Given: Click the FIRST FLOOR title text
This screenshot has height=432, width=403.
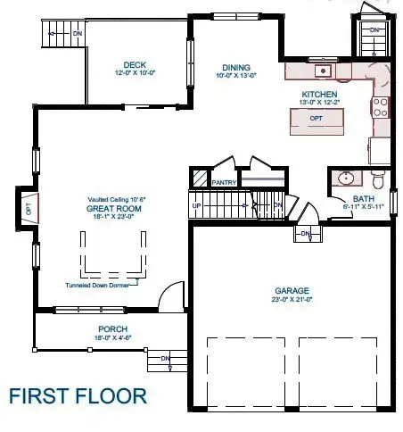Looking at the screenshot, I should point(78,395).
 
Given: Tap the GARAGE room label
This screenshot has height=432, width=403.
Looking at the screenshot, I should point(292,291).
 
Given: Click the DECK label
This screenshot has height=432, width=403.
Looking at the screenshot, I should point(136,64).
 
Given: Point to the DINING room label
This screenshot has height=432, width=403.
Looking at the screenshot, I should point(236,67).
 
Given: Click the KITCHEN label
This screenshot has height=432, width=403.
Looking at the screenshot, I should point(318,94).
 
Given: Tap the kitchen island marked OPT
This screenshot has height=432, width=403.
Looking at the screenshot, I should point(316,119).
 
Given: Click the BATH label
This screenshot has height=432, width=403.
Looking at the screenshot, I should point(363,199).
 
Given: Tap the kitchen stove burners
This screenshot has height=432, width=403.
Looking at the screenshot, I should point(380,107).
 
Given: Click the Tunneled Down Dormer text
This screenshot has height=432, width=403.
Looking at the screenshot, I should point(100,287).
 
